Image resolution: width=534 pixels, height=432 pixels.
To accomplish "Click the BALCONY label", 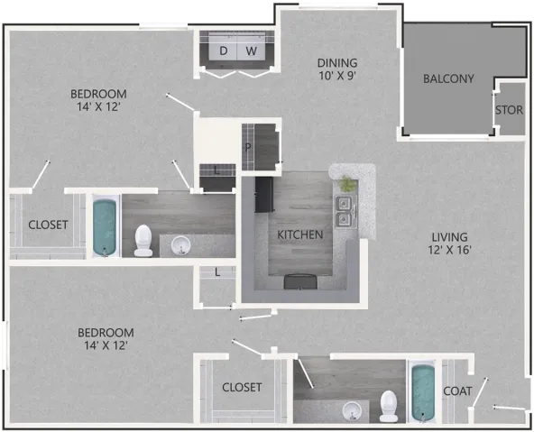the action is point(448,79).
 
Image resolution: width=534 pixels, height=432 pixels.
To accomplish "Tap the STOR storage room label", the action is point(509,110).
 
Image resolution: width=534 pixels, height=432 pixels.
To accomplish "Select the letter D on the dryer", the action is point(224,51).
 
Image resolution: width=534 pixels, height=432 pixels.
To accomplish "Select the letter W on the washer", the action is point(252,51).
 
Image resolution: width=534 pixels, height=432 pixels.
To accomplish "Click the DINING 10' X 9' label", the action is point(337,69).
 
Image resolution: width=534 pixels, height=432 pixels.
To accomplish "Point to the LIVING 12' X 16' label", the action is point(449,244).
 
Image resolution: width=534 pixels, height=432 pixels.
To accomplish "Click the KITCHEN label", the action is point(300,234).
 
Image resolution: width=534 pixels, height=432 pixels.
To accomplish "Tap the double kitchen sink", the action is point(345,211).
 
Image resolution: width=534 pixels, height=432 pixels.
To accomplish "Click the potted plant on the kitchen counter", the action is point(348,184).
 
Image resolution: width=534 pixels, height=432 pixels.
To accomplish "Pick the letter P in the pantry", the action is point(248,147).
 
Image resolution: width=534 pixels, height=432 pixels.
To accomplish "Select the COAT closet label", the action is point(457,391).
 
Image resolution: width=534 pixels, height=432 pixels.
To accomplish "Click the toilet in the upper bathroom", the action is point(143,240).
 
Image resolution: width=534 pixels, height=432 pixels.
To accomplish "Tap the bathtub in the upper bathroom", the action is point(105,227).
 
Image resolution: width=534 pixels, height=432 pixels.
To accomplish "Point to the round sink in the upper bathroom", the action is point(180,244).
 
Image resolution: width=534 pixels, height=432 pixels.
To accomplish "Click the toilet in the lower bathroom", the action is point(389,406).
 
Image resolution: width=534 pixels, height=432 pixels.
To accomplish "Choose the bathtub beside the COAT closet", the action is point(423,393).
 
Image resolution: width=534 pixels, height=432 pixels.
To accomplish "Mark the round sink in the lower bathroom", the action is point(352,411).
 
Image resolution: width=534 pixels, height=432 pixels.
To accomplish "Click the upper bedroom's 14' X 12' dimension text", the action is point(98,107).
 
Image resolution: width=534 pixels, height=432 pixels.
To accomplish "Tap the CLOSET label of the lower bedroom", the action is point(242,388).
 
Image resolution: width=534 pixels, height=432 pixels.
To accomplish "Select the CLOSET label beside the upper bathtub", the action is point(48,225).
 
